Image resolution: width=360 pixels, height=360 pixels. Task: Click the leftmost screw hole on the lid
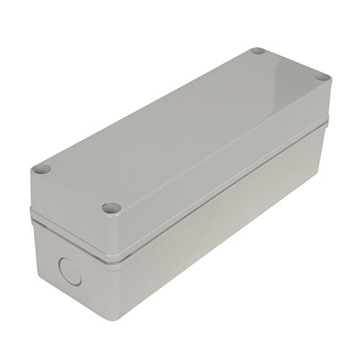coord(41,169)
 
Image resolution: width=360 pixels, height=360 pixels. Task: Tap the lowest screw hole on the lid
coord(110,208)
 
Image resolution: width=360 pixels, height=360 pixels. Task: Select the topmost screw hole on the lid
coord(257,52)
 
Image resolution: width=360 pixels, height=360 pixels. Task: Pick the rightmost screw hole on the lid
coord(322,77)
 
